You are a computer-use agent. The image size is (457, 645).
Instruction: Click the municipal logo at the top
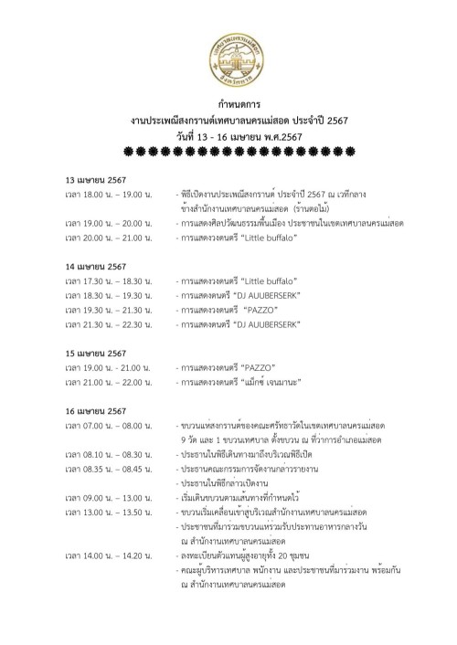(228, 45)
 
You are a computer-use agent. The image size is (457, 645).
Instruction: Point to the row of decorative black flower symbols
(228, 152)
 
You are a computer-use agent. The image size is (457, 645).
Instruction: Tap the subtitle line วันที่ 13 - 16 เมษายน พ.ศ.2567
(228, 136)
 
